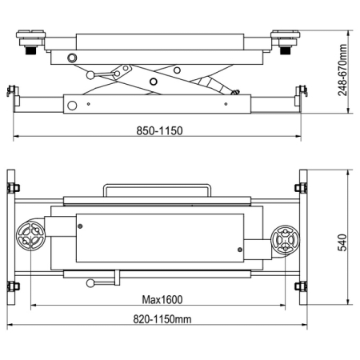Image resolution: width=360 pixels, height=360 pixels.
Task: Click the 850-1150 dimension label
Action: (159, 130)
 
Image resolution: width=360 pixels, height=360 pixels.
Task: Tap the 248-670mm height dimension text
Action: (342, 70)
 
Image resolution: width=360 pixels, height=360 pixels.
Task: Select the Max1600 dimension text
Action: (162, 300)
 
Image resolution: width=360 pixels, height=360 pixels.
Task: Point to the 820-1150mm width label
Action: (162, 319)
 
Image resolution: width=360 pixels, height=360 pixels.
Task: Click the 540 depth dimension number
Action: (342, 242)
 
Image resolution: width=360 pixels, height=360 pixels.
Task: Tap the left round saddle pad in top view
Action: (30, 234)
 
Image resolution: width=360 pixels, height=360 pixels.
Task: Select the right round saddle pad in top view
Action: (285, 240)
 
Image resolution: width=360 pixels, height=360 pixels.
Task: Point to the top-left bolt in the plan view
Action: (13, 188)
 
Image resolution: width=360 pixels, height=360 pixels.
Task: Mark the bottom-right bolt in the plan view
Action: (301, 286)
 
